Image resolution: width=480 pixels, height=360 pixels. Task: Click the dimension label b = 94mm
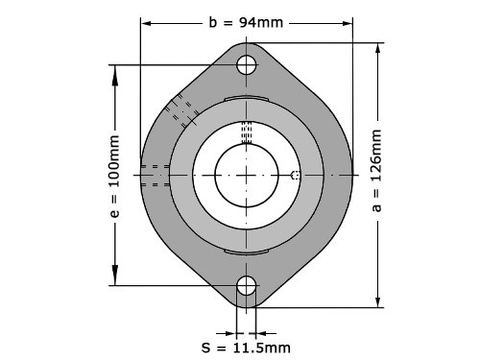246,23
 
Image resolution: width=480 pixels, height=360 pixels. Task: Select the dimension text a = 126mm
376,170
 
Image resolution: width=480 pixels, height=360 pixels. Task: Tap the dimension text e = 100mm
115,177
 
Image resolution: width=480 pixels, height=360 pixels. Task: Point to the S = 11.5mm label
246,348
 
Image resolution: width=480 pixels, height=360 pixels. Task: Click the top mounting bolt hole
247,65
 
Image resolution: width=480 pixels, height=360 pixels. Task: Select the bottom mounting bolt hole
247,285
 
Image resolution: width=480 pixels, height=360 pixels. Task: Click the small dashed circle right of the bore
296,175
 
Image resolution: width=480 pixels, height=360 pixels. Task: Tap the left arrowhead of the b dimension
146,23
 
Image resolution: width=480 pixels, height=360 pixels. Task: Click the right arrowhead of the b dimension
347,23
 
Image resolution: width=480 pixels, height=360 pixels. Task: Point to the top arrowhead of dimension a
378,48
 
